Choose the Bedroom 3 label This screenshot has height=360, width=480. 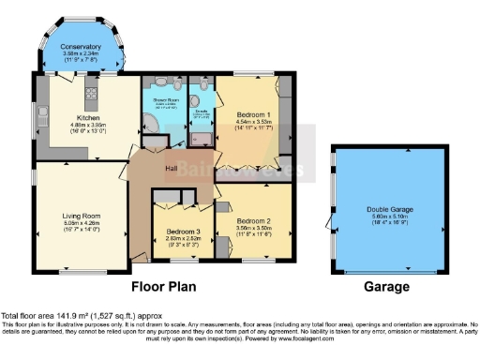(x=182, y=232)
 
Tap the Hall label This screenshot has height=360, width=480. (x=172, y=169)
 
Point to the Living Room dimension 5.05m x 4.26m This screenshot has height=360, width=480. (x=79, y=225)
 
